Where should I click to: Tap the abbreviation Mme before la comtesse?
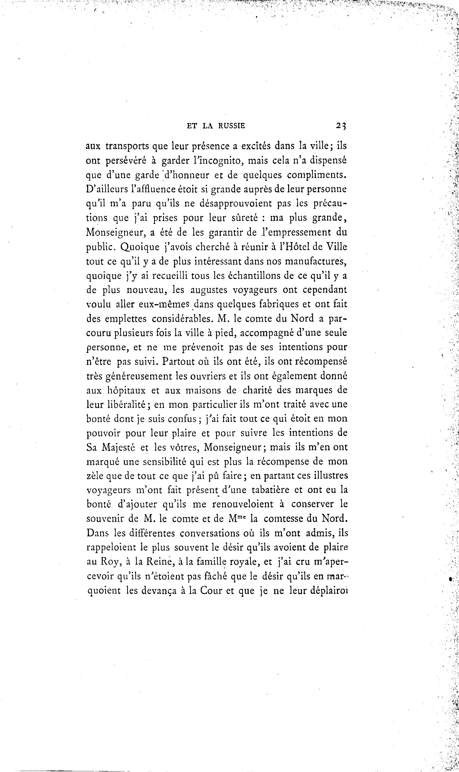(x=237, y=518)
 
